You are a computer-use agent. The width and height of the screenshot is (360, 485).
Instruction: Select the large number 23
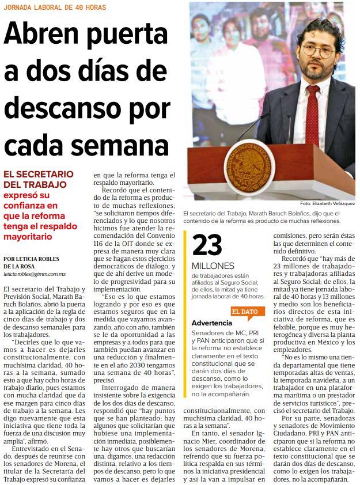207,245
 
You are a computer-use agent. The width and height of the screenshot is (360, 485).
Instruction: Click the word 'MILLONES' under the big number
213,266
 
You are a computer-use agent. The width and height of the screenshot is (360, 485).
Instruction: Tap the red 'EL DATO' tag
245,311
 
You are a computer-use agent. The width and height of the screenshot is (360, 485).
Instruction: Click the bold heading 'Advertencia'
212,323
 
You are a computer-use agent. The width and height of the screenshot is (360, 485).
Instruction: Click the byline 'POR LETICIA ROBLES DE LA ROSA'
31,262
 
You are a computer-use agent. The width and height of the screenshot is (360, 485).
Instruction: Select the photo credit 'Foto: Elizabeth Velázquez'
327,203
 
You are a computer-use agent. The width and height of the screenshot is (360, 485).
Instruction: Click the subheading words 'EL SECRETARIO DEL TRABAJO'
38,179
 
